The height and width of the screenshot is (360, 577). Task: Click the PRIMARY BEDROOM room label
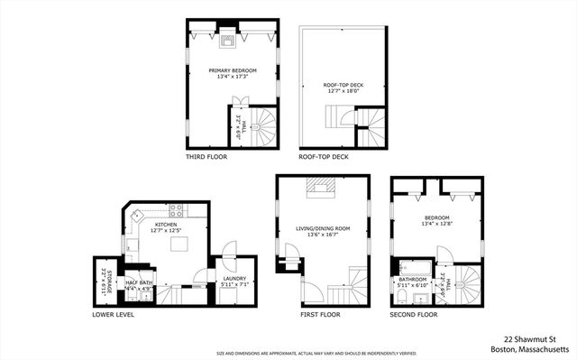[x=233, y=70]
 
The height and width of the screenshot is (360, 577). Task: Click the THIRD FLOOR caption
[x=206, y=157]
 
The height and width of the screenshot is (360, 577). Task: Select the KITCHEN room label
[x=165, y=225]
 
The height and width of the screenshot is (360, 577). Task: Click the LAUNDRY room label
[x=235, y=280]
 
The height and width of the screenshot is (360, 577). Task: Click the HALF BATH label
[x=138, y=283]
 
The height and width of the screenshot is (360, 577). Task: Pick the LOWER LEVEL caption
[x=114, y=316]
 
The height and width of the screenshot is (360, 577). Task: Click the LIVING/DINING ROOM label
[x=322, y=229]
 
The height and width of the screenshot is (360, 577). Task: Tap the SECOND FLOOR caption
[x=414, y=316]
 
